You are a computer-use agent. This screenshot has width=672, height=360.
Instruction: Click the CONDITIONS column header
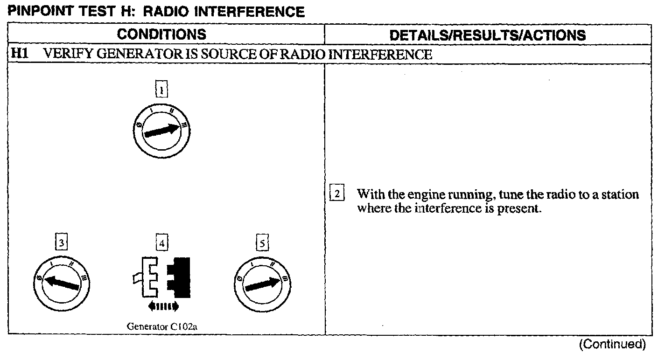[161, 35]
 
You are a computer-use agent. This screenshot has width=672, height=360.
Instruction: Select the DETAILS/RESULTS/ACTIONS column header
[487, 35]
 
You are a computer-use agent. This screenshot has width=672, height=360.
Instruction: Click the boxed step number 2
[337, 193]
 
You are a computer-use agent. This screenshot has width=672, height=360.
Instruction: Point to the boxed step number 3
[62, 243]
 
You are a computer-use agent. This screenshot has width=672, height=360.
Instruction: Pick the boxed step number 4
[161, 243]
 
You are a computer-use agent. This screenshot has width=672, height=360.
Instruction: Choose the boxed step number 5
[262, 243]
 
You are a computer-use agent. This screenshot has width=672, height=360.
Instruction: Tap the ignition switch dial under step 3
[62, 283]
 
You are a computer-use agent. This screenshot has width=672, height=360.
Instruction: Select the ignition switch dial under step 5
[262, 283]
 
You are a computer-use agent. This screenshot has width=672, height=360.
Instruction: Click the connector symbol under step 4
[161, 277]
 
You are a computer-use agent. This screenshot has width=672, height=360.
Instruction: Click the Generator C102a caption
[162, 326]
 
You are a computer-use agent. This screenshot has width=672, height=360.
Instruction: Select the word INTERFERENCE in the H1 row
[380, 54]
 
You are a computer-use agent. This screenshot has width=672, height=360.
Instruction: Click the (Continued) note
[612, 345]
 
